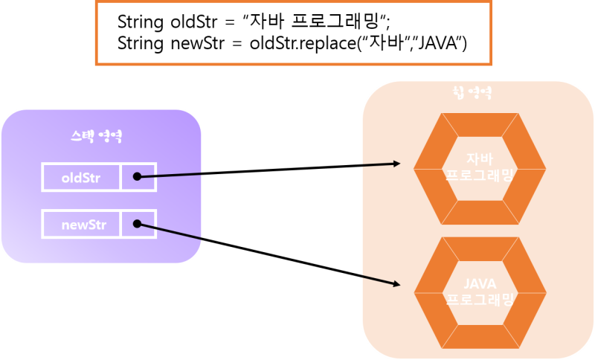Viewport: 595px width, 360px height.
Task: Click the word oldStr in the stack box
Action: tap(80, 178)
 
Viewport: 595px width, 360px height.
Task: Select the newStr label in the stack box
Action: tap(80, 223)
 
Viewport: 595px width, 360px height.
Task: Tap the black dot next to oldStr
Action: tap(137, 177)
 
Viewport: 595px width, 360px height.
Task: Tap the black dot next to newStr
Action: tap(137, 223)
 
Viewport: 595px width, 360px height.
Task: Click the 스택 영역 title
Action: tap(101, 137)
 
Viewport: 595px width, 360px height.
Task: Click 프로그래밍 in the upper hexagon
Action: tap(479, 176)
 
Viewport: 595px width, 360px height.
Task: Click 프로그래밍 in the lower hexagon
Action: tap(479, 300)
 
